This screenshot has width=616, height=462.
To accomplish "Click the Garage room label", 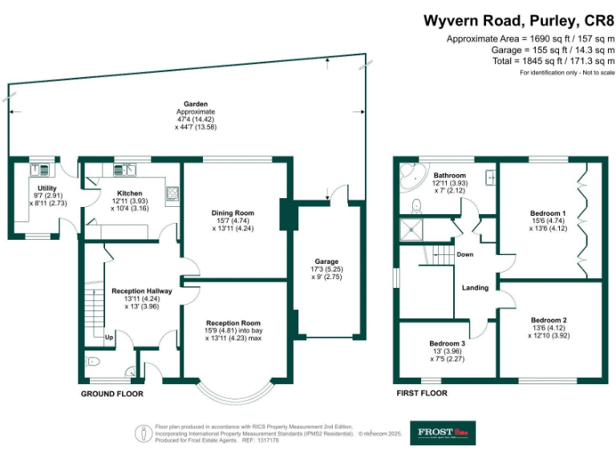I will (x=326, y=261).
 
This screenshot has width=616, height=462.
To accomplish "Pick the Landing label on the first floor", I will (x=475, y=287).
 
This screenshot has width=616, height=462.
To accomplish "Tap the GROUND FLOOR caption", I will (x=112, y=394).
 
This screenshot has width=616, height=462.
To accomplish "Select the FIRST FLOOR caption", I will (x=422, y=394).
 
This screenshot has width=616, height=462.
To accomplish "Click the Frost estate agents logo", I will (x=443, y=433).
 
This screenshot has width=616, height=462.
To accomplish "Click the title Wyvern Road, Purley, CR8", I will (x=518, y=20).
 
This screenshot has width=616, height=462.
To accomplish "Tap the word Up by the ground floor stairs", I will (x=108, y=337).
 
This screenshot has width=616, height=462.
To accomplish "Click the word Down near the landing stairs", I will (x=464, y=255).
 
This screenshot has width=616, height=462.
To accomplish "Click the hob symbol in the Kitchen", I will (x=172, y=192).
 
